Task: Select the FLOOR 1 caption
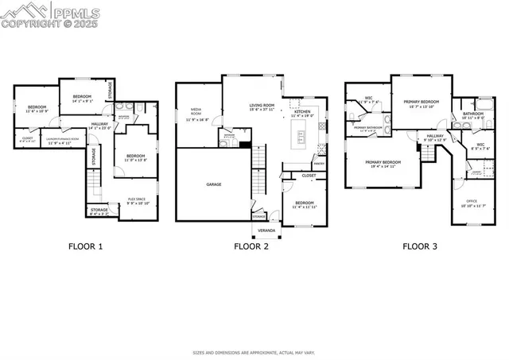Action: (x=85, y=246)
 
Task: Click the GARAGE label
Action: (x=214, y=184)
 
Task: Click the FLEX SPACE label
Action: (x=137, y=199)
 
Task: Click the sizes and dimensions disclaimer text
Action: (x=254, y=350)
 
